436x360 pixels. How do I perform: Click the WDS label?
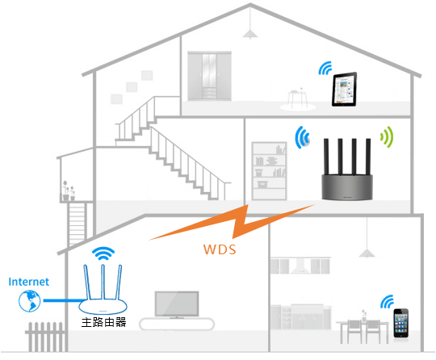220,249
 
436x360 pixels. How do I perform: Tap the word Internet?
29,282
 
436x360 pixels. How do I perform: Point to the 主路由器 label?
103,322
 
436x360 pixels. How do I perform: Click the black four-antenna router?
346,174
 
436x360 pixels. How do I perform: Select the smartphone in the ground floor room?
402,322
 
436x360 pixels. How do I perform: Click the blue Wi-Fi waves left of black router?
304,138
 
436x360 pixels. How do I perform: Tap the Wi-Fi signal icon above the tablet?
326,67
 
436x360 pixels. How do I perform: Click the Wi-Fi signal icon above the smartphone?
388,300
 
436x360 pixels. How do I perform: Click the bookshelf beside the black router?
269,171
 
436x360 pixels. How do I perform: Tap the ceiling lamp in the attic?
252,31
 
